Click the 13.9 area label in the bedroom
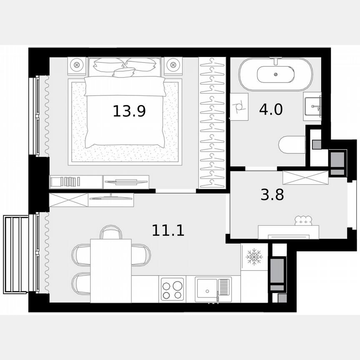[x=129, y=111]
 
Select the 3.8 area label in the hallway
[x=272, y=195]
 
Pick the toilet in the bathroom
[x=292, y=145]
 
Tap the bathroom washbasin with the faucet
[x=312, y=105]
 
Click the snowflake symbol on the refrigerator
[x=254, y=257]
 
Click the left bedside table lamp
[x=77, y=65]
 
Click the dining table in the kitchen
[x=111, y=270]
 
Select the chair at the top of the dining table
[x=111, y=231]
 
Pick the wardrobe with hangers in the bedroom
[x=212, y=123]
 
